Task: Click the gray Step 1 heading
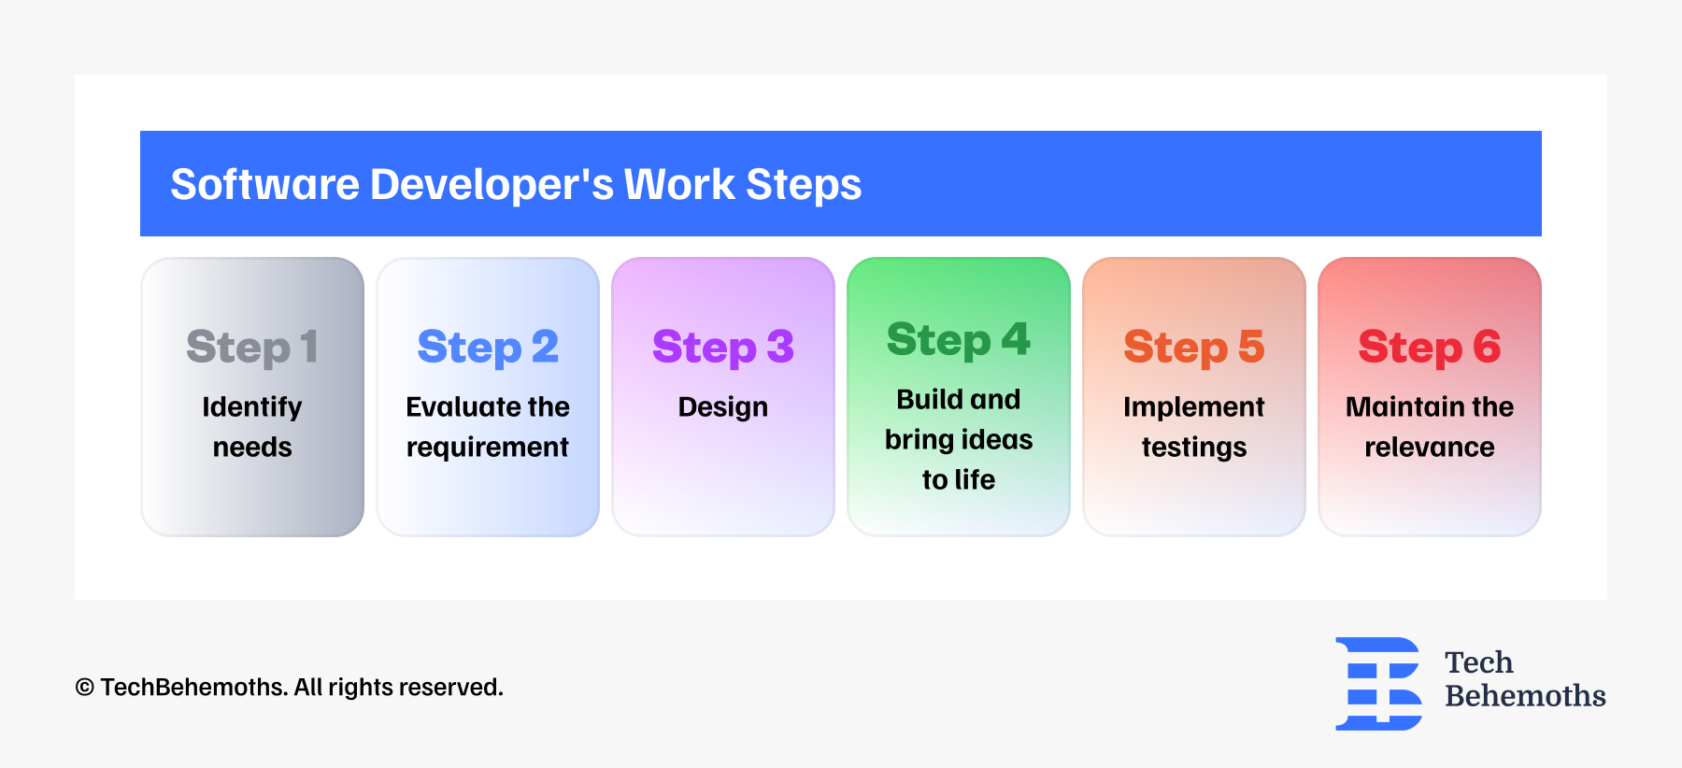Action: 252,348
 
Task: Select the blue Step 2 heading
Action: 488,348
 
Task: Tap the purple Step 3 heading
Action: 723,348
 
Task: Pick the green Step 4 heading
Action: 959,340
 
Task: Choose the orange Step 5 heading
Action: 1194,348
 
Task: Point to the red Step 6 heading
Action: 1430,348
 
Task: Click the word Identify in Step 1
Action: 252,407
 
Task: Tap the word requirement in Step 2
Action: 488,448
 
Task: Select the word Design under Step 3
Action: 723,407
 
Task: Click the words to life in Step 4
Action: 959,479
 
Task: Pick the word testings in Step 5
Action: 1194,448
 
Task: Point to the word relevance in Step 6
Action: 1430,448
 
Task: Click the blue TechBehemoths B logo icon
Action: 1379,684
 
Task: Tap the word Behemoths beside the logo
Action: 1525,696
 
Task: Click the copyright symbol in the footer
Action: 85,688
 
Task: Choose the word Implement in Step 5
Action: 1194,407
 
